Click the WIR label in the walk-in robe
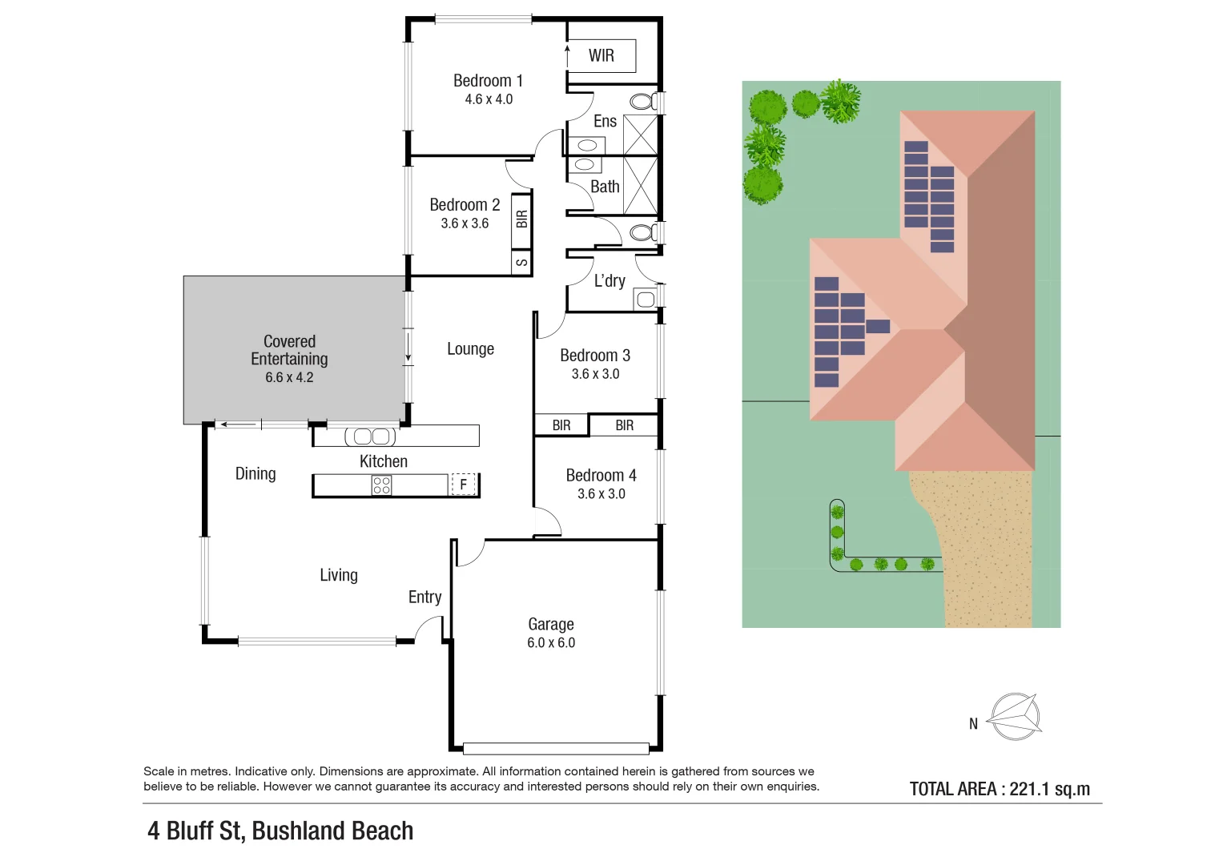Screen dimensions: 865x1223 [x=601, y=55]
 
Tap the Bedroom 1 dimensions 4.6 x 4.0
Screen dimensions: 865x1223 [x=489, y=99]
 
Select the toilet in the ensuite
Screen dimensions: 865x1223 [x=642, y=102]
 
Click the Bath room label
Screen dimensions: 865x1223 [x=605, y=187]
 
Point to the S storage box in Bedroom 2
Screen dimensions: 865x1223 [x=521, y=263]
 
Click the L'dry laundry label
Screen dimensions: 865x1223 [x=609, y=281]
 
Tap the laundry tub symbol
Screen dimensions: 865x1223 [x=645, y=300]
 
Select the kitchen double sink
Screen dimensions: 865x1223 [x=371, y=437]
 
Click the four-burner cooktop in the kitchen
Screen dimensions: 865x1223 [x=381, y=485]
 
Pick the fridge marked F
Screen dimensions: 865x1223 [x=463, y=484]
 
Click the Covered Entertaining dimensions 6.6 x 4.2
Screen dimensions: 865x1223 [x=289, y=377]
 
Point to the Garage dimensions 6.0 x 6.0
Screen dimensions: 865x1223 [x=551, y=642]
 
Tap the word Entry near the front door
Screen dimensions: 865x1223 [x=424, y=597]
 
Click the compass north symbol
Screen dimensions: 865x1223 [x=1015, y=716]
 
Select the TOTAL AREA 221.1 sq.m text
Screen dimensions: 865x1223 [x=1000, y=789]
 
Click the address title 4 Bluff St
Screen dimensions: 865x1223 [x=280, y=831]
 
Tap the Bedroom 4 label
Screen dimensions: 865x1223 [x=601, y=475]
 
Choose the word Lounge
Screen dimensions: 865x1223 [x=470, y=349]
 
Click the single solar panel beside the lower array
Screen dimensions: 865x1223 [x=878, y=326]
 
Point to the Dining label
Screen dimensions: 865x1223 [x=255, y=473]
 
